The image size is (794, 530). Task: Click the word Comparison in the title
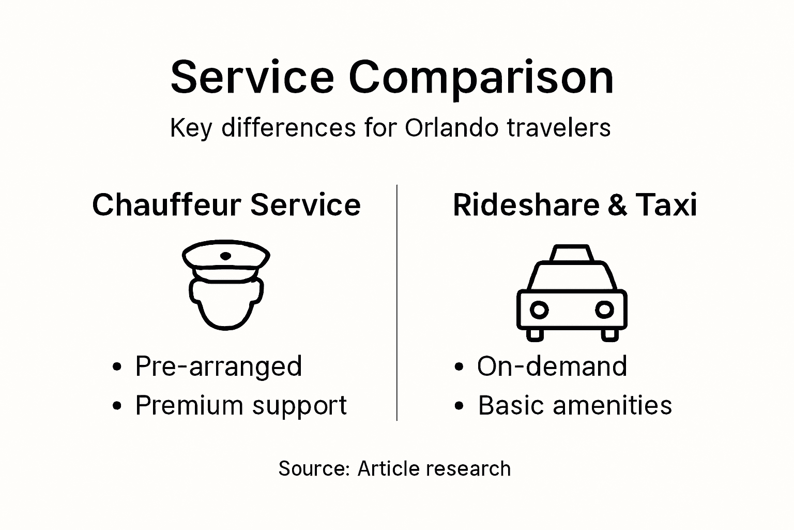click(481, 78)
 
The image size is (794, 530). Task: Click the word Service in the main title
click(252, 78)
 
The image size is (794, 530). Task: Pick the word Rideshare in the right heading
click(526, 204)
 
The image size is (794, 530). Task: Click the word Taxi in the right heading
click(666, 204)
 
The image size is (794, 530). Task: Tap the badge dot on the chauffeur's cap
click(226, 256)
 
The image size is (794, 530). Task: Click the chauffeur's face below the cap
click(226, 305)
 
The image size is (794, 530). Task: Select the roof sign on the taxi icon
click(571, 254)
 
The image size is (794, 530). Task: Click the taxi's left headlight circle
click(539, 310)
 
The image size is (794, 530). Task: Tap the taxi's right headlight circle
click(604, 310)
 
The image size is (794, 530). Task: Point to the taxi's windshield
click(572, 276)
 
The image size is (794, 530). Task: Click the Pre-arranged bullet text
click(219, 366)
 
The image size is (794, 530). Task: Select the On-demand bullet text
click(552, 366)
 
